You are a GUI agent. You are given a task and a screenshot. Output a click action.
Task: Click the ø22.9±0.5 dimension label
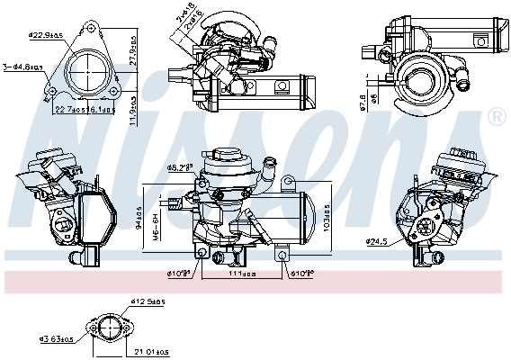click(45, 36)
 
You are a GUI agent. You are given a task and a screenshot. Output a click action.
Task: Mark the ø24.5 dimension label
click(378, 240)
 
